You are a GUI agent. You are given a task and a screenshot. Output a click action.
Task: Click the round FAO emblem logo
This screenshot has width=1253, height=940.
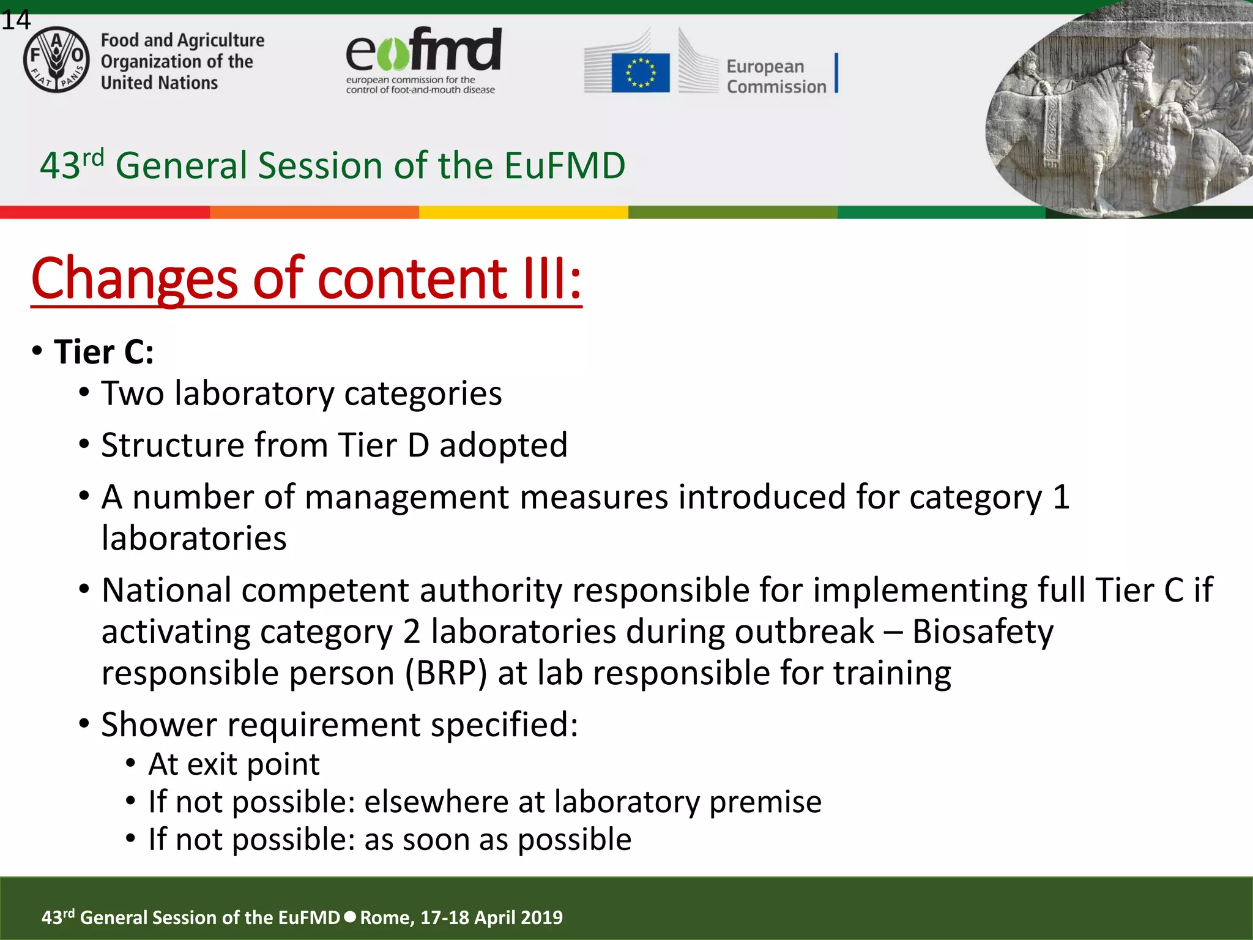tap(56, 59)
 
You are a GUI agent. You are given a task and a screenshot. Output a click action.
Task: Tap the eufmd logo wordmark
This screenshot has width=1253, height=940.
tap(423, 50)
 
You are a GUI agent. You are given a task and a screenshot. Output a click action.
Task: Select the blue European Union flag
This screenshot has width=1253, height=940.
tap(640, 73)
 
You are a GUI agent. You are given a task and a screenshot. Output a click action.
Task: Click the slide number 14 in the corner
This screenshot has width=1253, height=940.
tap(15, 20)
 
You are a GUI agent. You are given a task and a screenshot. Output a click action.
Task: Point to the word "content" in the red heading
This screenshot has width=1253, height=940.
tap(412, 279)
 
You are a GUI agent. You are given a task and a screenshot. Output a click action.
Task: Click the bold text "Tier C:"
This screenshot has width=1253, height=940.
tap(103, 352)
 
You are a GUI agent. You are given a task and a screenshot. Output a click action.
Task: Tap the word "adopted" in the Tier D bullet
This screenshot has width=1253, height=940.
tap(503, 445)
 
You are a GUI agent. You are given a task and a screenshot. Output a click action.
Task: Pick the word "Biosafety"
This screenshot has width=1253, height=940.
tap(983, 632)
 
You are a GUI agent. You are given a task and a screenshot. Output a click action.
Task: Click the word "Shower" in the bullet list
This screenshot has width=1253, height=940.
tap(159, 725)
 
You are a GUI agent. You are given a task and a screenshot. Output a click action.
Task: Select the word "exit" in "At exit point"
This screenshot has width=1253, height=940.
tap(210, 764)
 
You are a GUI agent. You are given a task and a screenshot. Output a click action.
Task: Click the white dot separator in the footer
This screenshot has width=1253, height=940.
tap(350, 917)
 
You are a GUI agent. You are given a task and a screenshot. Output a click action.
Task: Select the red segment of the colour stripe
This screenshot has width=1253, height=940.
tap(105, 212)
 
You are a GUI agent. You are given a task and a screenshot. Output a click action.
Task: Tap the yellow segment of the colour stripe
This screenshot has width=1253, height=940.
tap(523, 212)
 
